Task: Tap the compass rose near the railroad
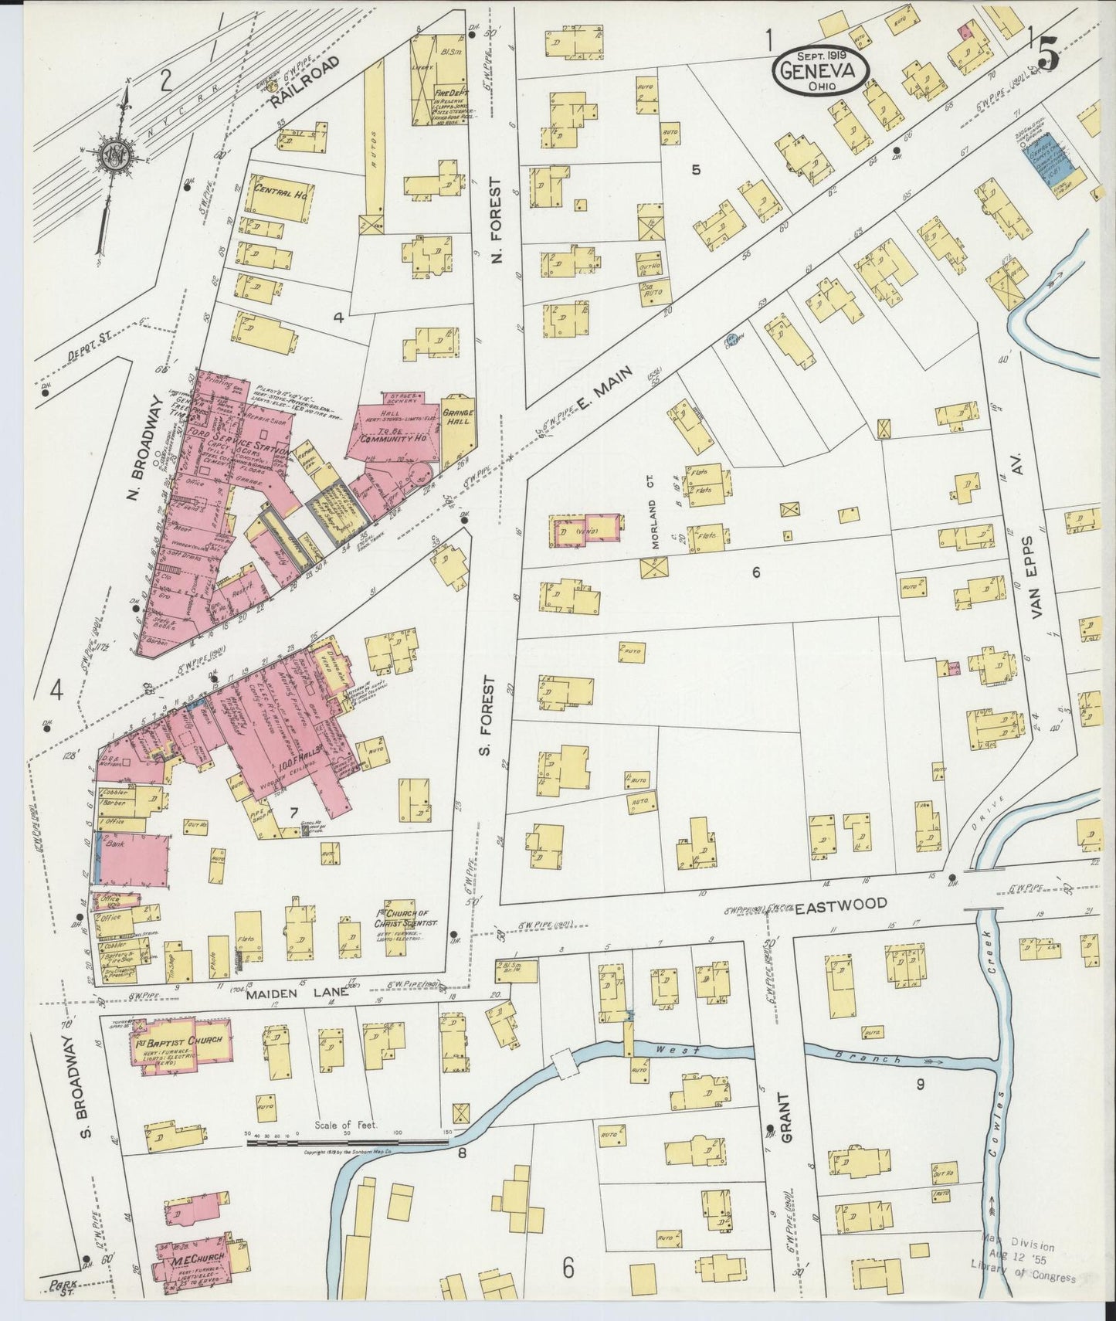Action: [110, 155]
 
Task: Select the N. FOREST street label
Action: [497, 220]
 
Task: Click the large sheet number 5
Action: [1047, 54]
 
